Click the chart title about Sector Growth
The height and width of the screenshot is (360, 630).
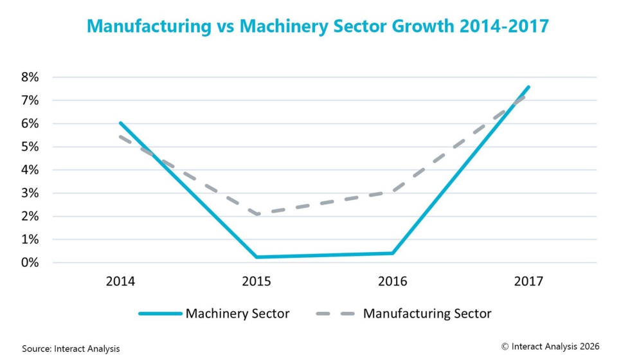[x=318, y=26]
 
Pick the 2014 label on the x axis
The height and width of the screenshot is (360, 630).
[x=120, y=281]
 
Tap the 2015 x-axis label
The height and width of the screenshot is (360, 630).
[x=256, y=281]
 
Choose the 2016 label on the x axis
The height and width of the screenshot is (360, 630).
[x=392, y=281]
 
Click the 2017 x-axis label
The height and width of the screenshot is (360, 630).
[x=528, y=281]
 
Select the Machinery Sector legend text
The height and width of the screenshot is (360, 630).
[x=237, y=314]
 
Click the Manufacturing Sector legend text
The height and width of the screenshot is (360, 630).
[x=427, y=314]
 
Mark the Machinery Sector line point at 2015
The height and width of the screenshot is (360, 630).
[x=256, y=257]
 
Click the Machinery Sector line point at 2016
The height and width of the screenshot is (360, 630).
[x=392, y=253]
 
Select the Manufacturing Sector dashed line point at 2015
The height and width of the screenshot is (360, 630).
[x=256, y=214]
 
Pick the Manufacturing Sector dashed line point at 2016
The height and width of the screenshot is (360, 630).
[x=392, y=192]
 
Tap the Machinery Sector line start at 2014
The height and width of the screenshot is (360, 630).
[x=120, y=123]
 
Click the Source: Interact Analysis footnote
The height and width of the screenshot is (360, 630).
[x=71, y=348]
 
